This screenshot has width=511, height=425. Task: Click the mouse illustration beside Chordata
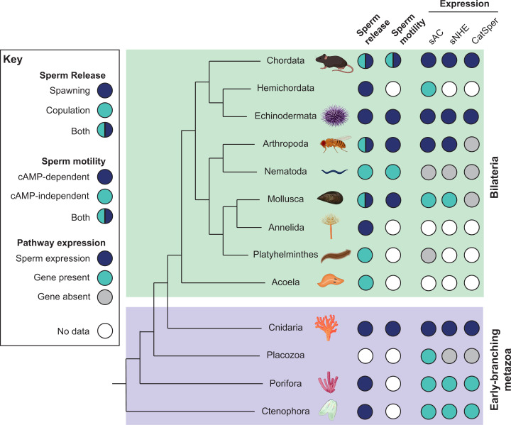[334, 62]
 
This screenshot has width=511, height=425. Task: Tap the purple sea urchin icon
[335, 116]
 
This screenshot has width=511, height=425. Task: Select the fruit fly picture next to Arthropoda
[335, 144]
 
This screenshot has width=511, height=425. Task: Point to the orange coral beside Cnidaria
[326, 327]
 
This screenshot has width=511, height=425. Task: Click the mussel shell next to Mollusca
[330, 198]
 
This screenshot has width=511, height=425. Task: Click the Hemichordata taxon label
[285, 88]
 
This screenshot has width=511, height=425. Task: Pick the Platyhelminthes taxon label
[285, 254]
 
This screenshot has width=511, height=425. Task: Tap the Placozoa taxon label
[285, 355]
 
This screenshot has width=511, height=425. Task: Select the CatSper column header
[485, 31]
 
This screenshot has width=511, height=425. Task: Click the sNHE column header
[459, 34]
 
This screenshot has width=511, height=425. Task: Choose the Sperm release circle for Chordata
[366, 61]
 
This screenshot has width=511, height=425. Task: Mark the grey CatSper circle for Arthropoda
[471, 144]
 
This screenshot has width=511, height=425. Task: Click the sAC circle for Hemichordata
[428, 89]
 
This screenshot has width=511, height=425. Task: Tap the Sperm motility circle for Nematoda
[392, 172]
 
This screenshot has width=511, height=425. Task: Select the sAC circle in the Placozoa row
[428, 356]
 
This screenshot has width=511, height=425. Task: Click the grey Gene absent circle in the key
[105, 297]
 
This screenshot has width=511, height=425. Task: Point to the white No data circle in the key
[105, 331]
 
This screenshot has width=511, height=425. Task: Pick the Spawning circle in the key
[105, 90]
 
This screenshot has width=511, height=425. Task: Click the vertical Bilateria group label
[494, 177]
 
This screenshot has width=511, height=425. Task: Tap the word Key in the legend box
[13, 60]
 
